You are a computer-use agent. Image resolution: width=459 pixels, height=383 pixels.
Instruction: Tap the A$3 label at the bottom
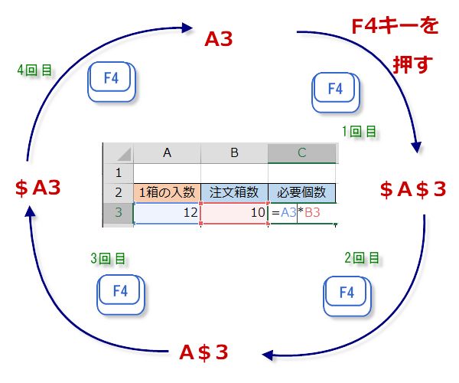pos(203,352)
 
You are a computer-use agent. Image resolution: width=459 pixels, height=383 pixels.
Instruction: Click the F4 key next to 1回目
pos(335,90)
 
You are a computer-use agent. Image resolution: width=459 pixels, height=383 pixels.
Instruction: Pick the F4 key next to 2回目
pos(347,293)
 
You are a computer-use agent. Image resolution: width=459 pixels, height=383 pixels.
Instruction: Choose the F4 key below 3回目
pos(121,292)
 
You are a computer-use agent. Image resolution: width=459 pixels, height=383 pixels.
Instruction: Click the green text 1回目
pos(359,132)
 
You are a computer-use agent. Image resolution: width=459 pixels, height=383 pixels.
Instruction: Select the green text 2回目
pos(361,258)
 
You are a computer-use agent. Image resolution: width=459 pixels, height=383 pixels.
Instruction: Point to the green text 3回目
pos(108,259)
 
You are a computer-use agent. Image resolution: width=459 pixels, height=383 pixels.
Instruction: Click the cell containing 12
pos(167,213)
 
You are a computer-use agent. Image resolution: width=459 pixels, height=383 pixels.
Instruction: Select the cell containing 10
pos(234,213)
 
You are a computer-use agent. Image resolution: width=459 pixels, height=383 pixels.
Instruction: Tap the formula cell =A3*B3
pos(301,213)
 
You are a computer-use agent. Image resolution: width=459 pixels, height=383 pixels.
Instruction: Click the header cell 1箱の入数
pos(167,192)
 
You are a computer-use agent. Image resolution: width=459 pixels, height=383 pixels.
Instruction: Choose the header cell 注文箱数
pos(234,192)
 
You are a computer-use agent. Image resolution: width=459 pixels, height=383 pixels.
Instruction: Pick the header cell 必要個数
pos(301,192)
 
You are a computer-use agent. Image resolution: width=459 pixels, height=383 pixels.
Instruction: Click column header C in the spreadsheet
pos(301,152)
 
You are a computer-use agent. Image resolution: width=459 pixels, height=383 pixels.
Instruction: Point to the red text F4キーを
pos(395,28)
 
